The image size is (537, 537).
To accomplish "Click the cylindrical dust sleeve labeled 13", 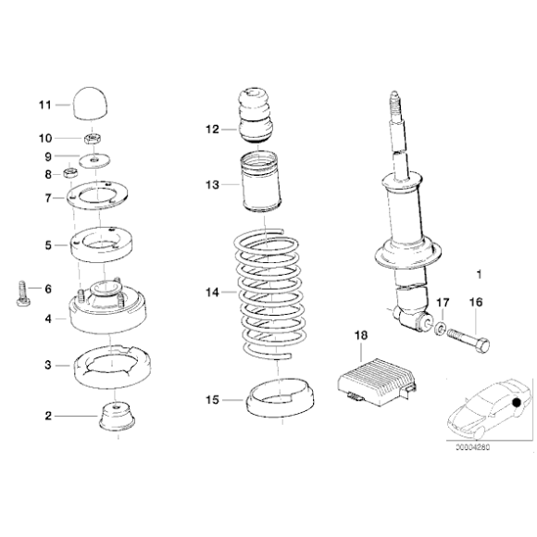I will coord(260,186).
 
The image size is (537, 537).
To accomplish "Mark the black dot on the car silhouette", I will coord(516,403).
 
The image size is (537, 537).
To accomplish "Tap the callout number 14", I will coord(213,292).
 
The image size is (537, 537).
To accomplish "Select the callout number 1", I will coord(478,274).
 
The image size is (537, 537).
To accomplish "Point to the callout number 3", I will coord(48,366).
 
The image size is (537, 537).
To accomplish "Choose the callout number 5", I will coord(48,245).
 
